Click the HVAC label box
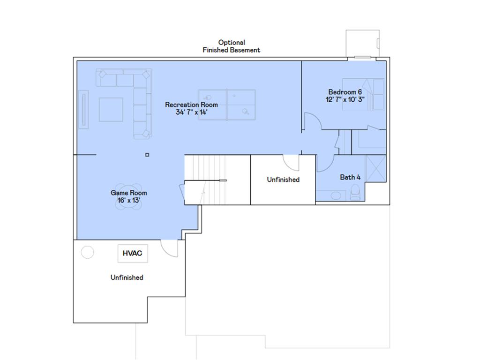133,253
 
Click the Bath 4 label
350,177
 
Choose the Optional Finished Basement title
232,46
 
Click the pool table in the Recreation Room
227,105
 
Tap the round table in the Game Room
128,196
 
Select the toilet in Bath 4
355,193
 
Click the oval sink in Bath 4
336,195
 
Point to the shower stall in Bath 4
375,168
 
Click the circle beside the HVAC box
88,252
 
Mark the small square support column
147,155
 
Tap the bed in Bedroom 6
363,94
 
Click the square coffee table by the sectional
111,110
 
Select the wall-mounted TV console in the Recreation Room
83,110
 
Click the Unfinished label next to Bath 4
283,180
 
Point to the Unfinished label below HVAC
127,277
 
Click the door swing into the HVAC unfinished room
169,248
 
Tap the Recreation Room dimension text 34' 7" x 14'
191,112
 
